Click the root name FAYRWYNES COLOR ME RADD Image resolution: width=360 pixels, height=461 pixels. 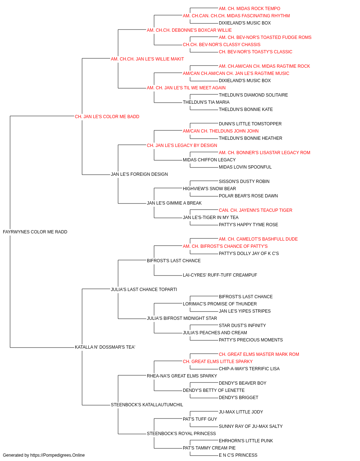click(35, 232)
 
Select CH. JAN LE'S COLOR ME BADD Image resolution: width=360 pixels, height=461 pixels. click(107, 117)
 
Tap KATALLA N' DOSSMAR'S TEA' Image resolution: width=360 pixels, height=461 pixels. click(105, 347)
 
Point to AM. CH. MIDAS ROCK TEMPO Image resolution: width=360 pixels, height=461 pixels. click(249, 9)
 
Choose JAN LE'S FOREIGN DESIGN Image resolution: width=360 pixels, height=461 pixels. click(139, 174)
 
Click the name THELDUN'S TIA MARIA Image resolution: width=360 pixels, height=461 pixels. click(206, 102)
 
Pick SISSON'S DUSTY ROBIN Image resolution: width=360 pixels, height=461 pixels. click(244, 182)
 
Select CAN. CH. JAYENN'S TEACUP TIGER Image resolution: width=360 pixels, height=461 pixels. click(256, 210)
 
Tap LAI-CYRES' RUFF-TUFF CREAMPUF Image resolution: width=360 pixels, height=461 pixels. click(220, 275)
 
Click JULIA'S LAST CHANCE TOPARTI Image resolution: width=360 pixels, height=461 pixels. click(144, 290)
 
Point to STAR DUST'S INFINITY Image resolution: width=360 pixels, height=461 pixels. click(242, 326)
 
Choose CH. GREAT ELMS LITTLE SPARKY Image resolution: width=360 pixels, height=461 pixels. click(218, 362)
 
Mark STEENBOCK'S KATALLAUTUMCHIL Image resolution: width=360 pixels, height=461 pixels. click(147, 405)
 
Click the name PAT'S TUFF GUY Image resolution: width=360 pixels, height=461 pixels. click(200, 419)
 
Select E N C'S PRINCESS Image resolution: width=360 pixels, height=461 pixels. click(238, 455)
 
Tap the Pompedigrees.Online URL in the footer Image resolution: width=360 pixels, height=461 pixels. click(58, 455)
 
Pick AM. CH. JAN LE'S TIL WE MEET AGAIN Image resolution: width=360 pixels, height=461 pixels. click(186, 88)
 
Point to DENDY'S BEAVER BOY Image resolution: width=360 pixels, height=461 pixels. click(243, 383)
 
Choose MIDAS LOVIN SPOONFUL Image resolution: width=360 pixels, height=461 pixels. click(245, 167)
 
